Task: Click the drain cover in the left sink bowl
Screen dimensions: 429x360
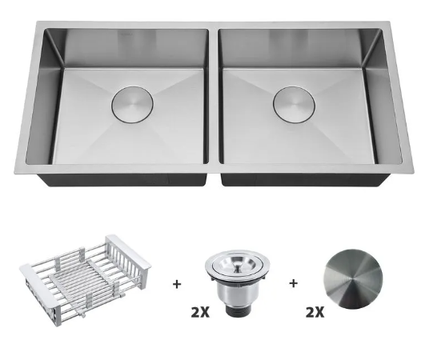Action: point(132,106)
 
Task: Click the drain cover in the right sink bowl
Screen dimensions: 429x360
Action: point(294,104)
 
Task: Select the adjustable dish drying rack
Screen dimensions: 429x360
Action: point(85,281)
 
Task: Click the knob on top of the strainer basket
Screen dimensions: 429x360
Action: point(237,264)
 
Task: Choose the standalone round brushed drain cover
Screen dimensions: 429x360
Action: point(353,278)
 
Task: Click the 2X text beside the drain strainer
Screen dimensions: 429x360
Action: point(200,312)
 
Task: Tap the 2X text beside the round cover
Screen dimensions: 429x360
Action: point(315,312)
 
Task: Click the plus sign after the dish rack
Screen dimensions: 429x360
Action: point(177,284)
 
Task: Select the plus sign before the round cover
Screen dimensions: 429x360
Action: point(293,283)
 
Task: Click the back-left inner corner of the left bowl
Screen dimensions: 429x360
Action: point(45,30)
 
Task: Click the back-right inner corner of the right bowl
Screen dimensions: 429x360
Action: point(381,30)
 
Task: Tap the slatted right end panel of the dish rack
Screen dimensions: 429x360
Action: point(129,254)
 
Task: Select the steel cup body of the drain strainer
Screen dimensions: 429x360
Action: point(237,292)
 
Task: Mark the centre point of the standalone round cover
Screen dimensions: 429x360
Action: point(352,279)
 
